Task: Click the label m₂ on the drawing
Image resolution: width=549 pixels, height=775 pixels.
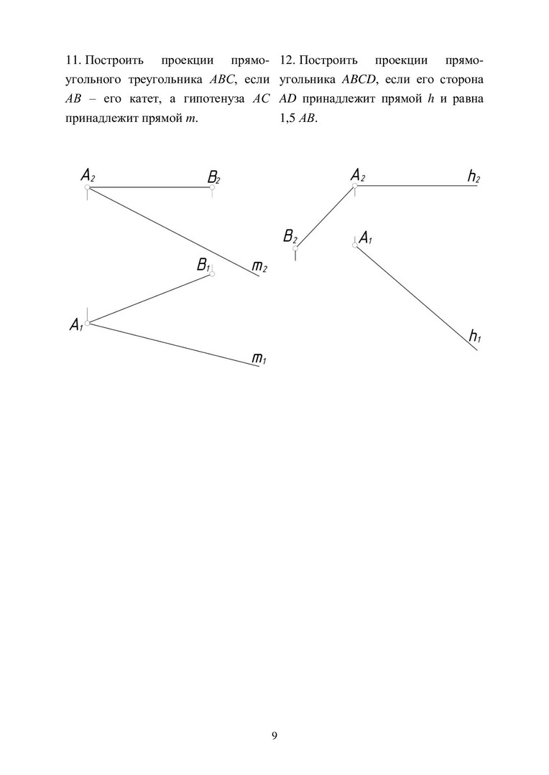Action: [259, 268]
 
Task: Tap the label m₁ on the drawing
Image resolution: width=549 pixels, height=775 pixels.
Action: [259, 357]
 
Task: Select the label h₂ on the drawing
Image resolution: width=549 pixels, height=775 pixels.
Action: [474, 177]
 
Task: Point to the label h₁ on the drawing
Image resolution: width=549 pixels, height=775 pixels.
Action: [474, 335]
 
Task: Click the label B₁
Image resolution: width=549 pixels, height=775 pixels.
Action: [203, 266]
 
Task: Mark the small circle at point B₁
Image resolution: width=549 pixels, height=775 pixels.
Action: [212, 274]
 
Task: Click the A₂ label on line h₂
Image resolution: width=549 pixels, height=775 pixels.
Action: [358, 175]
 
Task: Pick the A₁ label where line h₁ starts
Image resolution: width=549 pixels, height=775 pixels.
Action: [365, 238]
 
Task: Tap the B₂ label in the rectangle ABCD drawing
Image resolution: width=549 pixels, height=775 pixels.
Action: [290, 237]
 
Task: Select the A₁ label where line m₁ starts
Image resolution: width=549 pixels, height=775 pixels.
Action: [76, 326]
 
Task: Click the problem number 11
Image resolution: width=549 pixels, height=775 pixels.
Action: [73, 59]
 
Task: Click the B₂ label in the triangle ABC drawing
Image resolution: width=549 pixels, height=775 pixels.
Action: [213, 177]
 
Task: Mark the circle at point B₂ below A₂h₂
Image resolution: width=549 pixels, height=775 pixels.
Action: [295, 248]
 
